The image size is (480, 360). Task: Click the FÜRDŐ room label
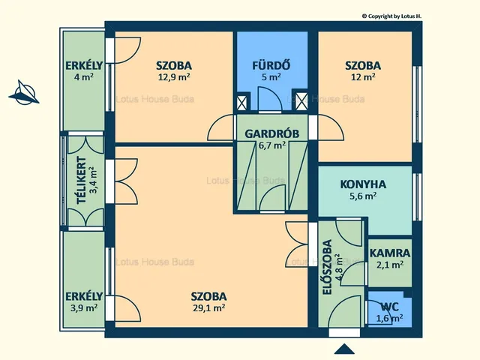tap(271, 65)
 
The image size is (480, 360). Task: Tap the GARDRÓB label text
tap(271, 133)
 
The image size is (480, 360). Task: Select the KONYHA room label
tap(363, 184)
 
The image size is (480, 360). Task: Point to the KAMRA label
tap(390, 253)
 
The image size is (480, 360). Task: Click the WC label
tap(389, 307)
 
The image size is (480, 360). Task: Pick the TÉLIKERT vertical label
tap(82, 180)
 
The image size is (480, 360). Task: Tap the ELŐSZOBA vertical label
tap(327, 267)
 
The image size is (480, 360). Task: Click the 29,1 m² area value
tap(209, 307)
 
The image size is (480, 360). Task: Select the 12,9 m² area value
tap(174, 76)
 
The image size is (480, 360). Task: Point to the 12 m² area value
tap(363, 76)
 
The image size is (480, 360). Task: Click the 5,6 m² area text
tap(363, 196)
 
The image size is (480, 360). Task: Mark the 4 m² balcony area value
tap(84, 76)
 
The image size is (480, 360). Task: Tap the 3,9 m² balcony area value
tap(84, 307)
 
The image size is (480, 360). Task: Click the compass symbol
tap(23, 92)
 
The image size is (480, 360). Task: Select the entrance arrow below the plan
tap(344, 349)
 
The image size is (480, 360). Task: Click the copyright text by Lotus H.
tap(391, 16)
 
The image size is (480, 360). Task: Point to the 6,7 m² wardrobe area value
tap(272, 145)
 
